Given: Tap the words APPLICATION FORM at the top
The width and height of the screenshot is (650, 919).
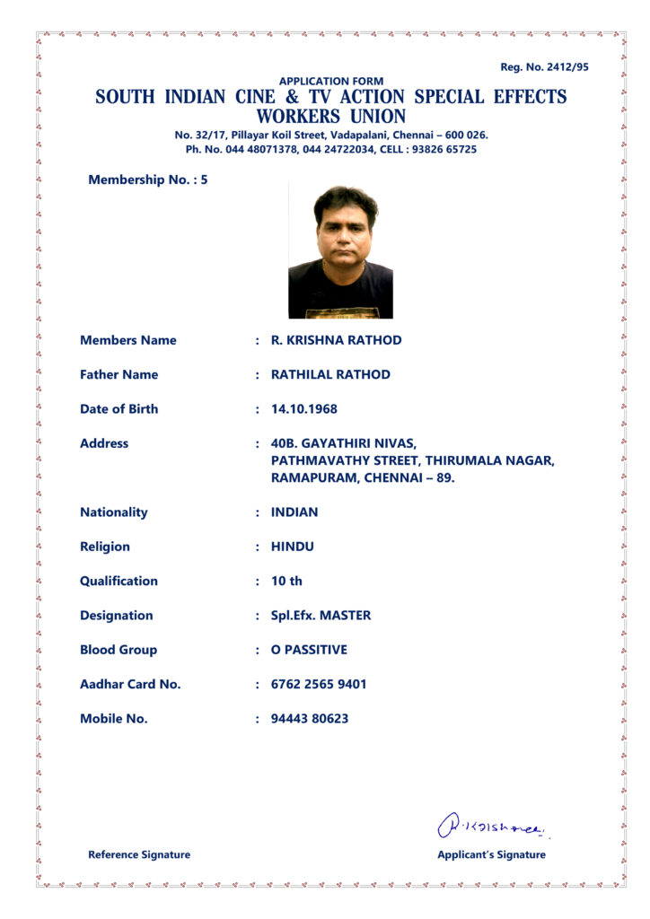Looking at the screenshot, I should (330, 82).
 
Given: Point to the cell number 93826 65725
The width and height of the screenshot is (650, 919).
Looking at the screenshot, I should (444, 149).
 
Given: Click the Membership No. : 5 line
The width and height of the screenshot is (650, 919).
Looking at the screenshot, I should (148, 179).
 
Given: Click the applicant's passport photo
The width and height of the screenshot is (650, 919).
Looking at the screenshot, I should (340, 250).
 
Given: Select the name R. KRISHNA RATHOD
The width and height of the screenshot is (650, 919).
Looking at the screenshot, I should (336, 340).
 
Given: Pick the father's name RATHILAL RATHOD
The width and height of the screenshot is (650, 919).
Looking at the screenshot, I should (330, 374).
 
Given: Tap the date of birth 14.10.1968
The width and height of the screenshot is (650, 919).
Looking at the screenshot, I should (303, 408).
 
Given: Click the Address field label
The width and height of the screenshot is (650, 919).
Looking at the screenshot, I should (104, 443).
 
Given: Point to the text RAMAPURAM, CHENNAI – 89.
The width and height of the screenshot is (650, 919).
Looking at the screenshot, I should (363, 477).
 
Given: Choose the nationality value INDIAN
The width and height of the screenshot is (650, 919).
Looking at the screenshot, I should (294, 512).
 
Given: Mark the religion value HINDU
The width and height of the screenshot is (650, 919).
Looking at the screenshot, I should (293, 547).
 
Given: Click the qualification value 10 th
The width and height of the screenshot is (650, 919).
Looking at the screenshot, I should (286, 581).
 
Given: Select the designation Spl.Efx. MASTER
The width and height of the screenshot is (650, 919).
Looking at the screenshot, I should (321, 616).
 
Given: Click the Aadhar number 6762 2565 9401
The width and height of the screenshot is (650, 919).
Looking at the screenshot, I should (319, 684).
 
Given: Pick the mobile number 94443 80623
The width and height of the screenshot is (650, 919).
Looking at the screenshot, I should (310, 719).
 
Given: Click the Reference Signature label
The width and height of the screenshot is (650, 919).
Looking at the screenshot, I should (139, 854).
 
